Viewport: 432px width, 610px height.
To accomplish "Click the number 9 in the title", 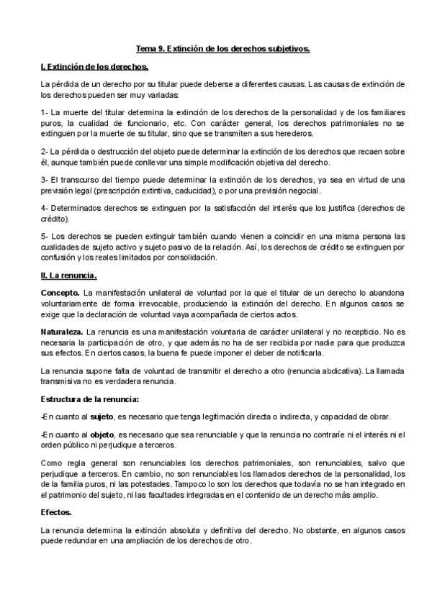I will (162, 49).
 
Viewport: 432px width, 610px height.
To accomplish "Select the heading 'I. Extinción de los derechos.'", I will (95, 67).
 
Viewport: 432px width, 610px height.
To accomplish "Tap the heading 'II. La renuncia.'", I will (69, 276).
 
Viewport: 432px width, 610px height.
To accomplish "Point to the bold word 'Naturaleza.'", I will (63, 332).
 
